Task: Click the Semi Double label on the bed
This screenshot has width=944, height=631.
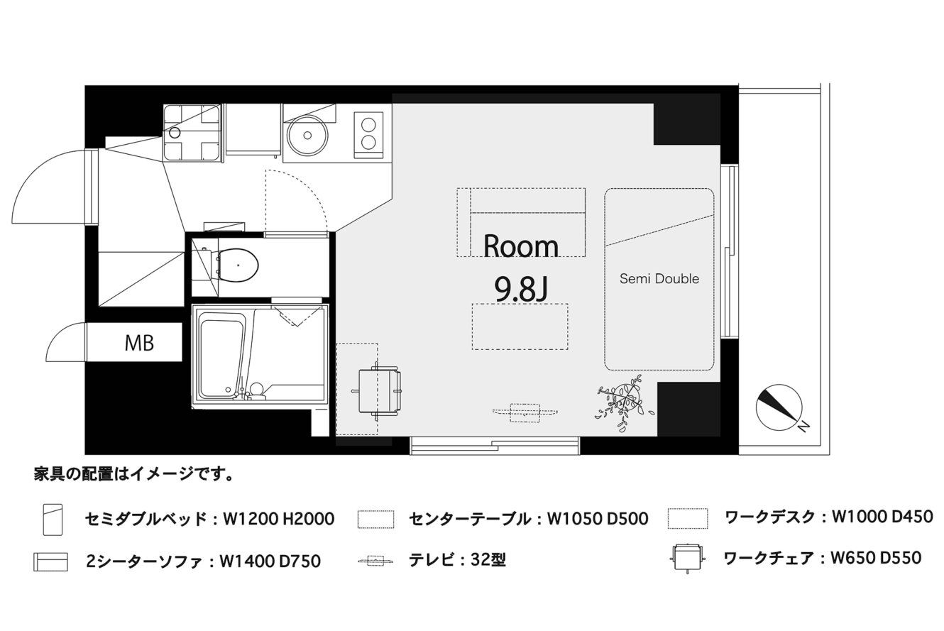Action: (x=659, y=279)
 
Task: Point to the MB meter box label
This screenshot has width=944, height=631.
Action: (x=139, y=343)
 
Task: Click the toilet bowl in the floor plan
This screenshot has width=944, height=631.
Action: (x=237, y=265)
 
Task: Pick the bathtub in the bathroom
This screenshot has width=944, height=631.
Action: (x=221, y=358)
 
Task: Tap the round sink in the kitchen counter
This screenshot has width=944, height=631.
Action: (x=307, y=136)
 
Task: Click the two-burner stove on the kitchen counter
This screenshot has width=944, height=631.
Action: (x=368, y=135)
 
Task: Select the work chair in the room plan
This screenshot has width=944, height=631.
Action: (x=377, y=391)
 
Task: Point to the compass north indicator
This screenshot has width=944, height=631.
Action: (x=779, y=407)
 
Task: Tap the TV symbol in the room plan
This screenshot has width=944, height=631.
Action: (x=525, y=412)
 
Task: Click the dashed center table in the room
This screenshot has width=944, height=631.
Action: (x=520, y=327)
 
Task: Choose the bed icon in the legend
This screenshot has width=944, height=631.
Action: (x=53, y=520)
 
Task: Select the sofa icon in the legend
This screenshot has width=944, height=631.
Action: (x=50, y=562)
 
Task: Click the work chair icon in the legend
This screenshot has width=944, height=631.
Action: (x=687, y=557)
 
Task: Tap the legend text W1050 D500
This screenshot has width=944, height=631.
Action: (x=597, y=519)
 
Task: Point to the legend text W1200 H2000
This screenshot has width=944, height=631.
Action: (x=278, y=519)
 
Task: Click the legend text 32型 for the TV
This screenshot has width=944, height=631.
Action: (x=488, y=560)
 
